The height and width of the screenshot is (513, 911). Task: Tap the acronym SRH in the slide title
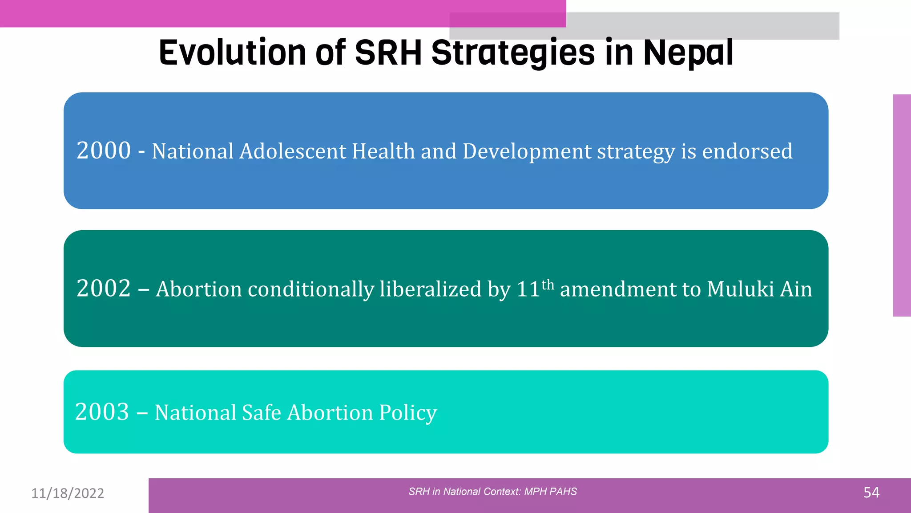pyautogui.click(x=388, y=53)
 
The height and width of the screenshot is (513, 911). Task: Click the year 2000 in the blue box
pyautogui.click(x=104, y=151)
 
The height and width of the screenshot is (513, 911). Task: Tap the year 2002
pyautogui.click(x=104, y=289)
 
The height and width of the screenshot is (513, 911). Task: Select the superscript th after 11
pyautogui.click(x=548, y=284)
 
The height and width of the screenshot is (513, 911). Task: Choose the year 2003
pyautogui.click(x=102, y=412)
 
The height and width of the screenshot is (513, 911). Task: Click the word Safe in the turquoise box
pyautogui.click(x=262, y=412)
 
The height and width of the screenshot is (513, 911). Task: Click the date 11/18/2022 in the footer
pyautogui.click(x=68, y=493)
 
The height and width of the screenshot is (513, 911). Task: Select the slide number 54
pyautogui.click(x=871, y=493)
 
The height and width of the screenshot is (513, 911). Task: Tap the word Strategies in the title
pyautogui.click(x=513, y=53)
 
